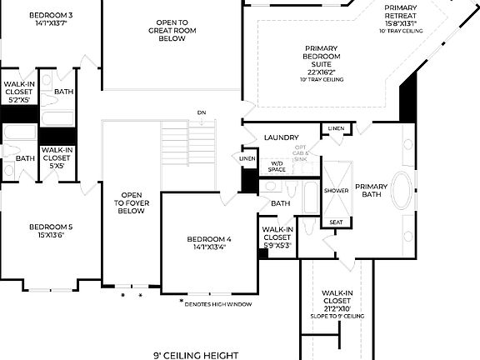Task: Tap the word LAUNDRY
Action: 281,137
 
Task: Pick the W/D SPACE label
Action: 277,167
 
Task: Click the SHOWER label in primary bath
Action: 337,191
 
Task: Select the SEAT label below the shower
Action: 336,222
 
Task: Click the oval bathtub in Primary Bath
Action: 402,192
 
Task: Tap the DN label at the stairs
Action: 202,112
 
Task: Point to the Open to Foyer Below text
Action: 131,202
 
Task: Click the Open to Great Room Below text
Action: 172,31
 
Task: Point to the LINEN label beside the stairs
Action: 247,158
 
